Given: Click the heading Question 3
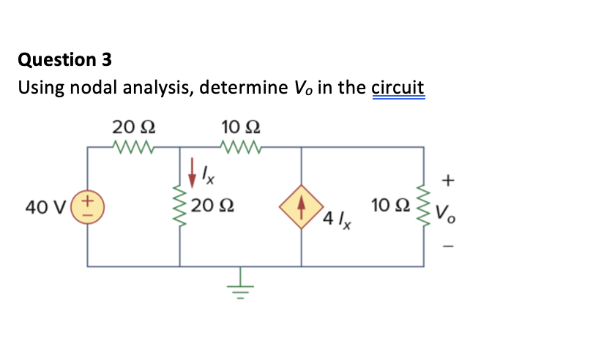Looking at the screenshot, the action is [65, 59].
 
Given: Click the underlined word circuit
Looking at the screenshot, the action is [398, 88].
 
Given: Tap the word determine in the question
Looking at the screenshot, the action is [242, 88].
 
